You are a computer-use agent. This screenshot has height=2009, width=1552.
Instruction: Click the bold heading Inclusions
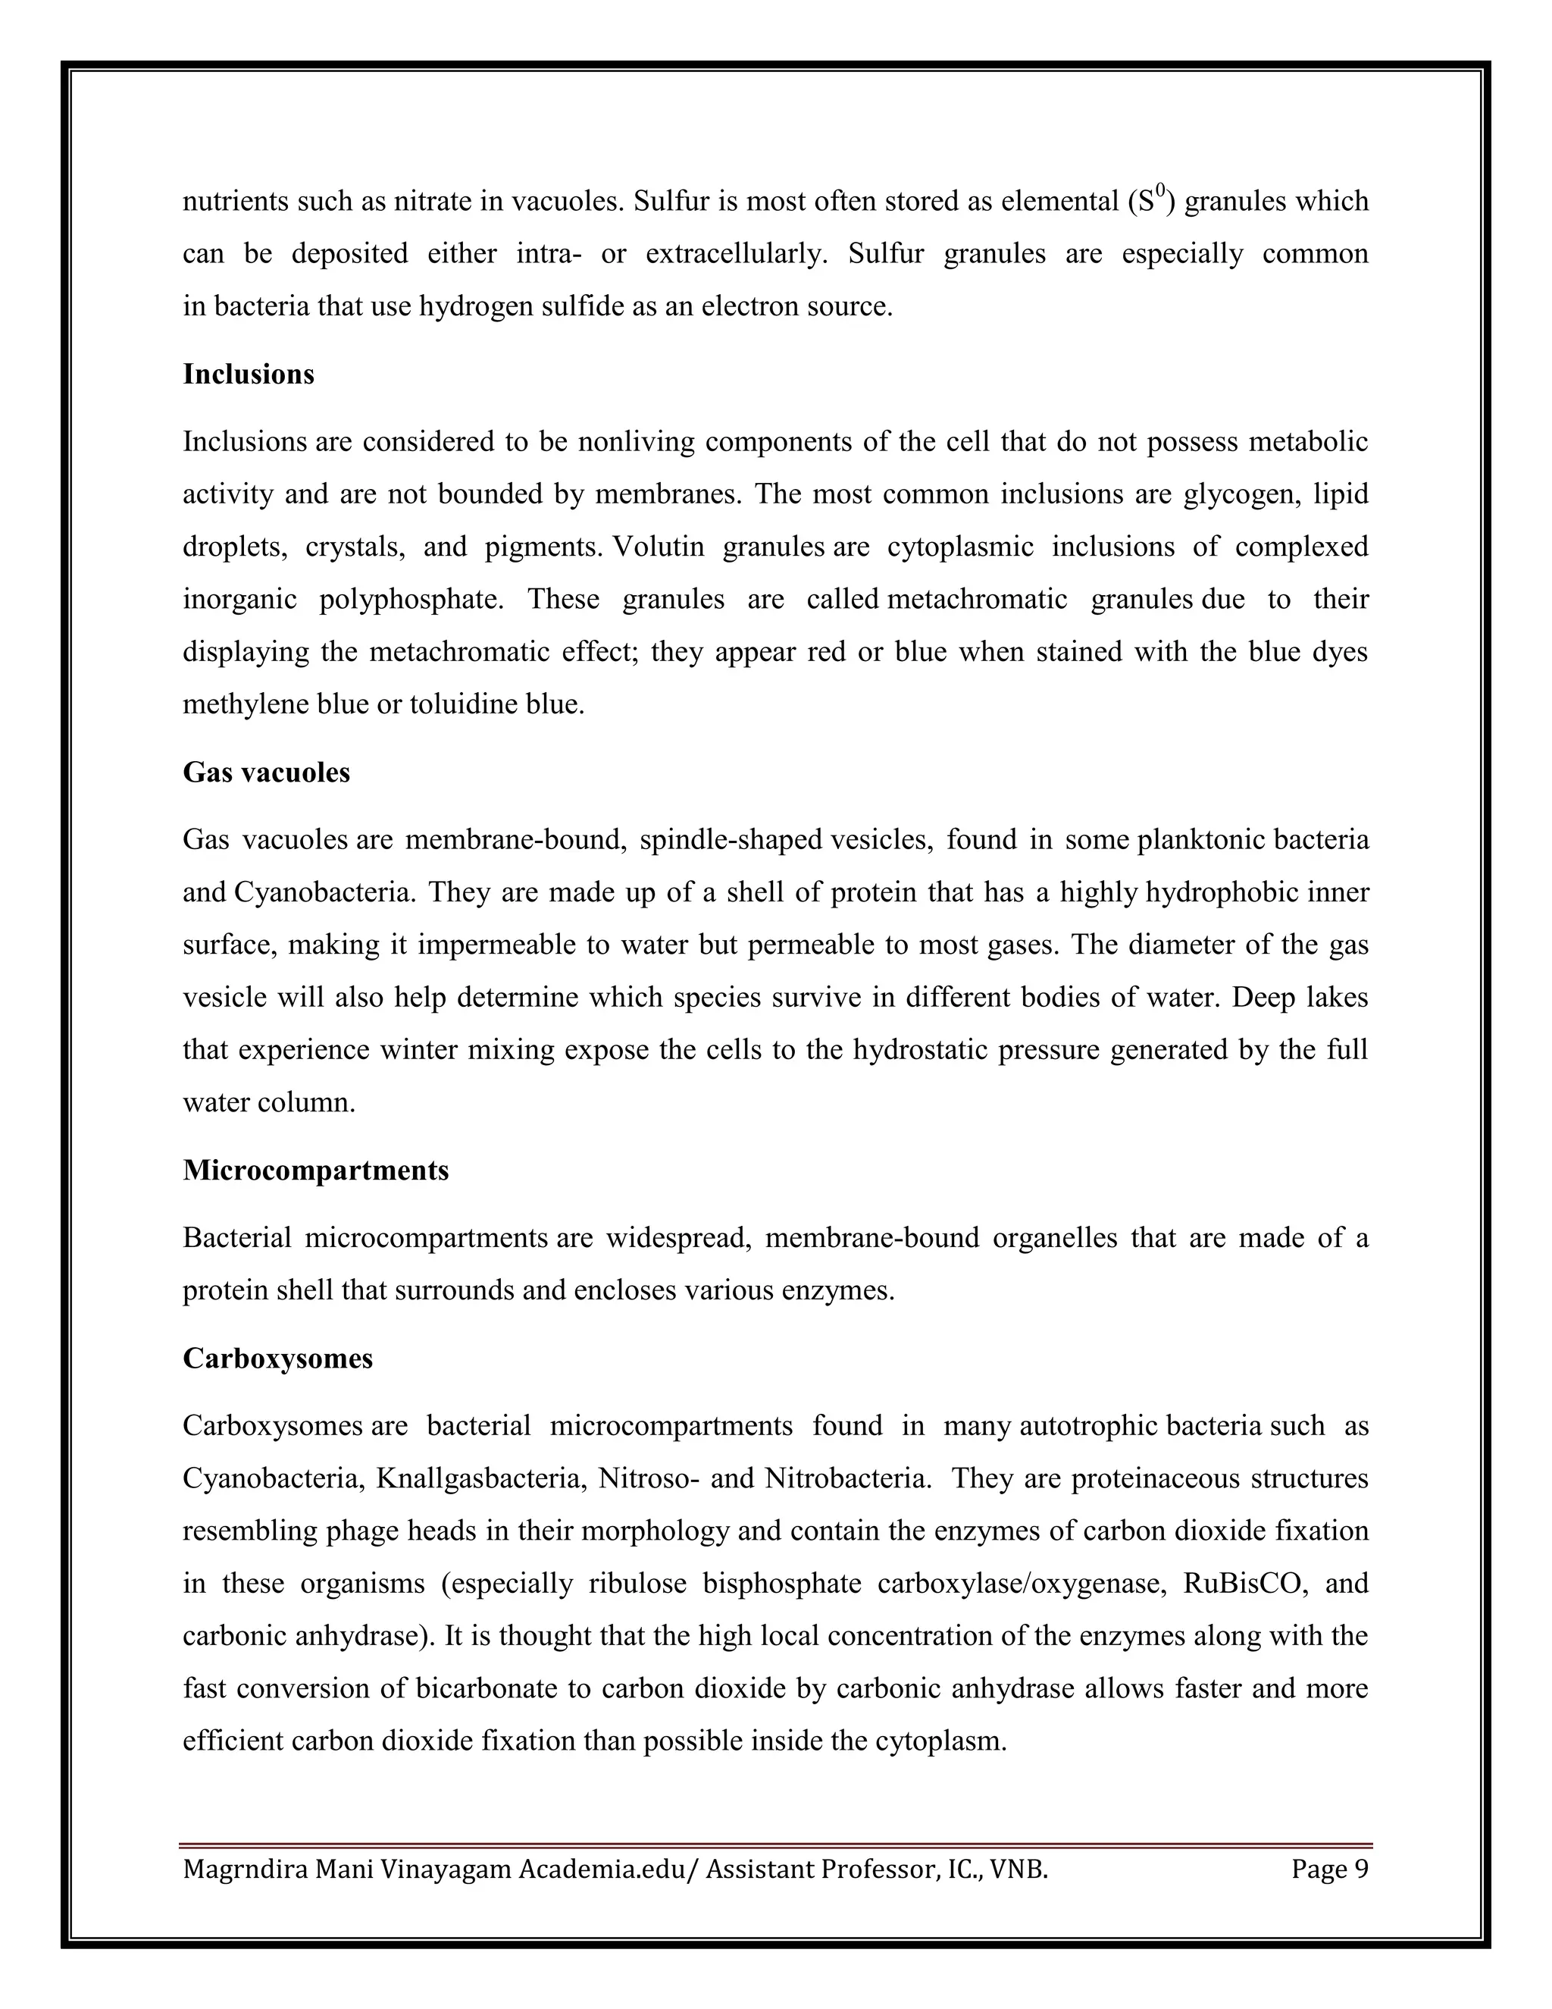[249, 375]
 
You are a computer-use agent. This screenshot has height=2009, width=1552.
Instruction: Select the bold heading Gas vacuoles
[267, 772]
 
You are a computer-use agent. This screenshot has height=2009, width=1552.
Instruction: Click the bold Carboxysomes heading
[277, 1358]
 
